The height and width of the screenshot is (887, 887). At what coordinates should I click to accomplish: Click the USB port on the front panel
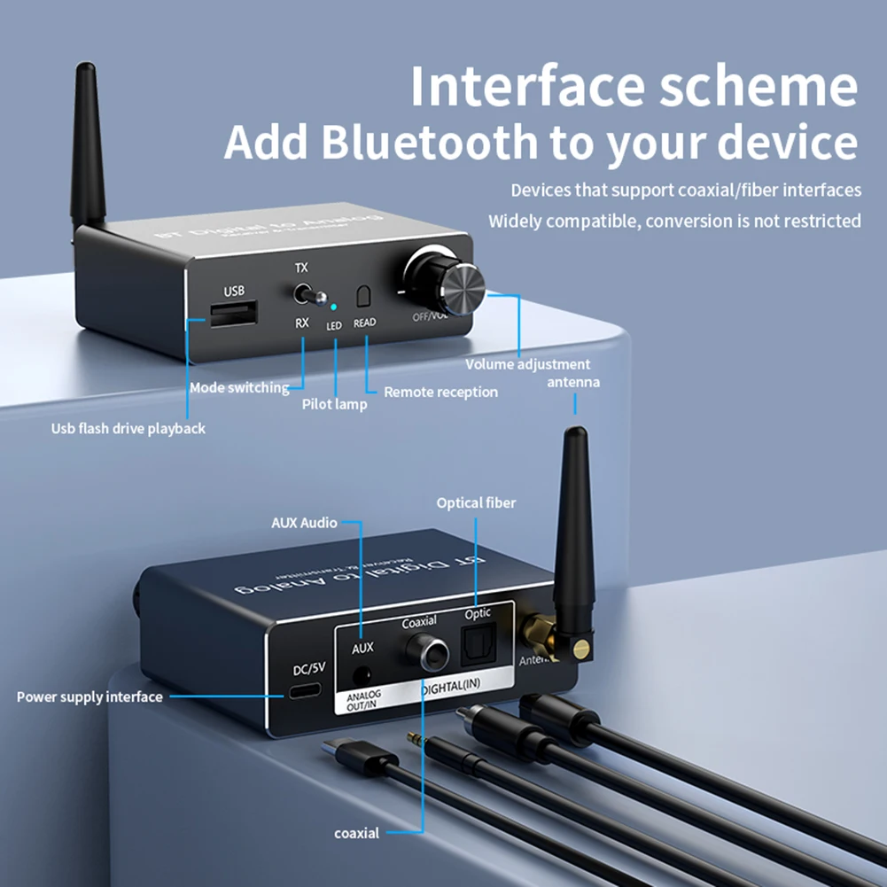pos(234,315)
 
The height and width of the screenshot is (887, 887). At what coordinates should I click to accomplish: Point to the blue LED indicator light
pos(333,307)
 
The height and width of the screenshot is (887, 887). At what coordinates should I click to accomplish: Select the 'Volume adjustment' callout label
pos(527,364)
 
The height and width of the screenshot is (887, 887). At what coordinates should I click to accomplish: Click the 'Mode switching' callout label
pos(239,387)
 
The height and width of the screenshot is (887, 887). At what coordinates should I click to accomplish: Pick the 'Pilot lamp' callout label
pos(334,404)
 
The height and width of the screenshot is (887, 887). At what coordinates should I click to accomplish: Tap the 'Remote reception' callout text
pos(440,392)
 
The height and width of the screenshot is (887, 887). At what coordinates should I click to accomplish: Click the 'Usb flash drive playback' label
pos(128,428)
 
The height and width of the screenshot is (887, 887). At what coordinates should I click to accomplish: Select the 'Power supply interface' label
pos(89,696)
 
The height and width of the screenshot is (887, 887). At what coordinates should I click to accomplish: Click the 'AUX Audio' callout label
pos(304,523)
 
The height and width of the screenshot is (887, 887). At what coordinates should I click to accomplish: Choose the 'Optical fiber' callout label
pos(476,502)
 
